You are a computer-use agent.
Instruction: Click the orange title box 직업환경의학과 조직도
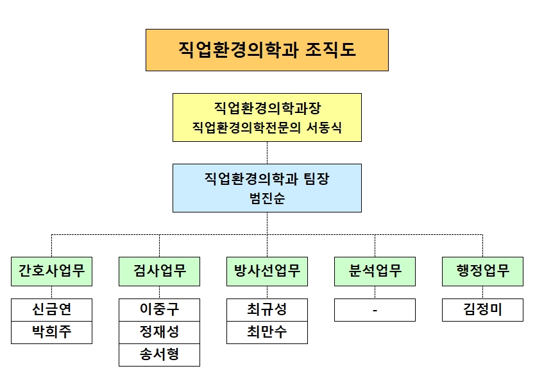tap(267, 50)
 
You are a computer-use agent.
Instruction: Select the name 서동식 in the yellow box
tap(324, 127)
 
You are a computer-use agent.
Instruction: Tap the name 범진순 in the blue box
tap(267, 198)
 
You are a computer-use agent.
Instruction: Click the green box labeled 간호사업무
tap(51, 271)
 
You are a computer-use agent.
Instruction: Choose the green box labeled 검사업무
tap(159, 271)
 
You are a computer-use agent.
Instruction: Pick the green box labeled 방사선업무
tap(267, 271)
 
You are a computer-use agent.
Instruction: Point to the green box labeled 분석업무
tap(375, 271)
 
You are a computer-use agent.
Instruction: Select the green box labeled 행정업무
tap(482, 271)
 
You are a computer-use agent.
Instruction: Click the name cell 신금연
tap(51, 310)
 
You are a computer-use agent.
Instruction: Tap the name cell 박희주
tap(51, 333)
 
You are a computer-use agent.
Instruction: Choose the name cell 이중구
tap(159, 310)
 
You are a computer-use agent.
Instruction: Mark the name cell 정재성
tap(159, 333)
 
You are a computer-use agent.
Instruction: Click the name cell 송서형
tap(159, 355)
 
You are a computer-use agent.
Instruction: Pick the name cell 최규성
tap(267, 310)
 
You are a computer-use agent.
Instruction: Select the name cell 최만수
tap(267, 333)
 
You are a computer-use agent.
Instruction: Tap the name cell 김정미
tap(482, 310)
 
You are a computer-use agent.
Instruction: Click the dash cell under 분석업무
tap(375, 310)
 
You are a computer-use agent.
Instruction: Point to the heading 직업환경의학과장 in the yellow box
tap(267, 108)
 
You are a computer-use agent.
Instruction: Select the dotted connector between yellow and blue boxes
tap(267, 153)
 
